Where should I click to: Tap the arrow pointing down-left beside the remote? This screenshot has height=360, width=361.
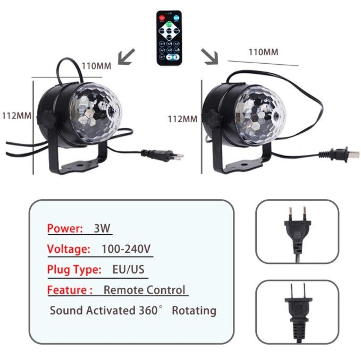coord(126,56)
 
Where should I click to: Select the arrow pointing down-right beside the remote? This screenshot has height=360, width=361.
coord(209,56)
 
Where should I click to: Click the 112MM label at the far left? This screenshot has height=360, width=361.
coord(16,115)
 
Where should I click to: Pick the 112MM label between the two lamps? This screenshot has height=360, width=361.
coord(182,119)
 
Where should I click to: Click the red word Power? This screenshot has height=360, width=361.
coord(65,229)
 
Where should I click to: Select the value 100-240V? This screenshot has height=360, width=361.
coord(126,249)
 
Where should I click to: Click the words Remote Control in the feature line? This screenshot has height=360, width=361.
coord(145,290)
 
